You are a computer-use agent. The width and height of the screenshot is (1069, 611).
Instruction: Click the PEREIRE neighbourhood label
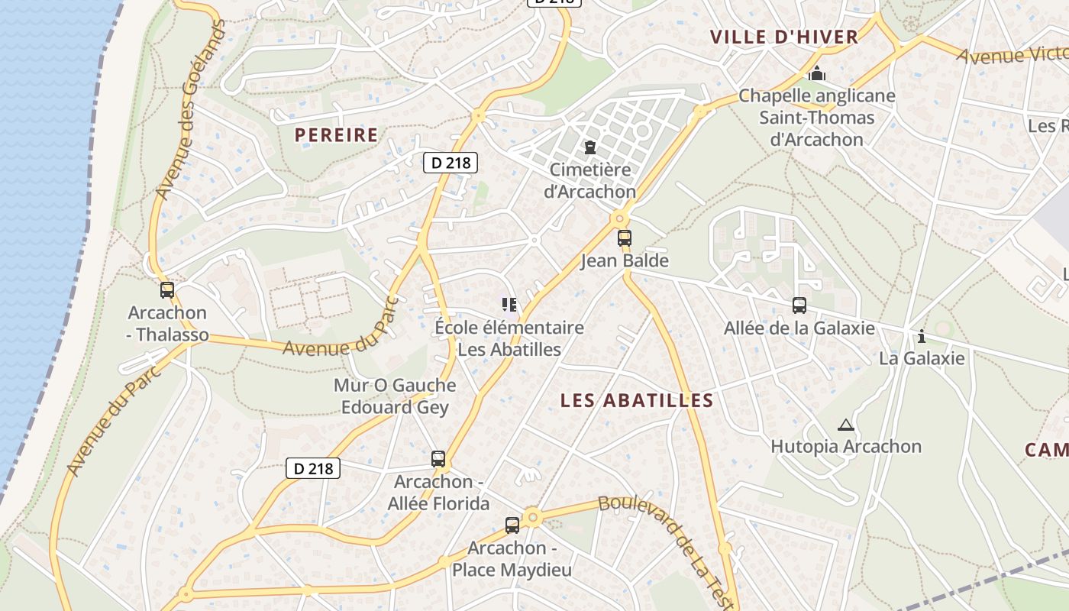[337, 135]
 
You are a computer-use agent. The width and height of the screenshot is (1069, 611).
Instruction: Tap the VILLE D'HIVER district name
[784, 37]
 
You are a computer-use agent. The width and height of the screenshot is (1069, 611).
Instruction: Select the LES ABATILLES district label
[637, 400]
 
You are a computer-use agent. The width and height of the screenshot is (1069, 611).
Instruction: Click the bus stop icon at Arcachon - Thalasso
[167, 290]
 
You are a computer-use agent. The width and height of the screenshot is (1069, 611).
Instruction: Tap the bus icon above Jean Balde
[625, 238]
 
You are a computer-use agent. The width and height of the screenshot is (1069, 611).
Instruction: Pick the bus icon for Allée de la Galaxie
[799, 305]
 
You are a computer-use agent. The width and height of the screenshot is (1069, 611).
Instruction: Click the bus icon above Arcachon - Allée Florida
[438, 459]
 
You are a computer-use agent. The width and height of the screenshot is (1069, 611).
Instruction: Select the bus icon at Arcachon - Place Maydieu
[512, 525]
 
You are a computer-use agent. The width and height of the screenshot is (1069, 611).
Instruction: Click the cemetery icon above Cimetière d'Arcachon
[589, 147]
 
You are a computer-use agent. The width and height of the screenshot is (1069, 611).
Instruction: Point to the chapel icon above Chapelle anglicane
[817, 73]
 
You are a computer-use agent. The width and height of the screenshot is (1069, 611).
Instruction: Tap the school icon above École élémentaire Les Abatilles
[509, 305]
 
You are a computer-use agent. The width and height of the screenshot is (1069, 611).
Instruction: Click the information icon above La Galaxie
[922, 336]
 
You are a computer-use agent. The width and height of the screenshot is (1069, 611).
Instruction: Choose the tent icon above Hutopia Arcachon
[845, 425]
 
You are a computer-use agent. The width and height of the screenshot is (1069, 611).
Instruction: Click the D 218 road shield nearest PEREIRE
[451, 163]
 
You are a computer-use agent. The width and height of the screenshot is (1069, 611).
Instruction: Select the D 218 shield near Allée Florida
[313, 468]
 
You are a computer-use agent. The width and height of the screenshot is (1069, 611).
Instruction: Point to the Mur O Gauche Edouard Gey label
[395, 396]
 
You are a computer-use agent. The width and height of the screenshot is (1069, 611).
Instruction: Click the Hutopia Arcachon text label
[846, 446]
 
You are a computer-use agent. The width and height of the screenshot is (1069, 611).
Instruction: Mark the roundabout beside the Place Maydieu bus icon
[533, 517]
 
